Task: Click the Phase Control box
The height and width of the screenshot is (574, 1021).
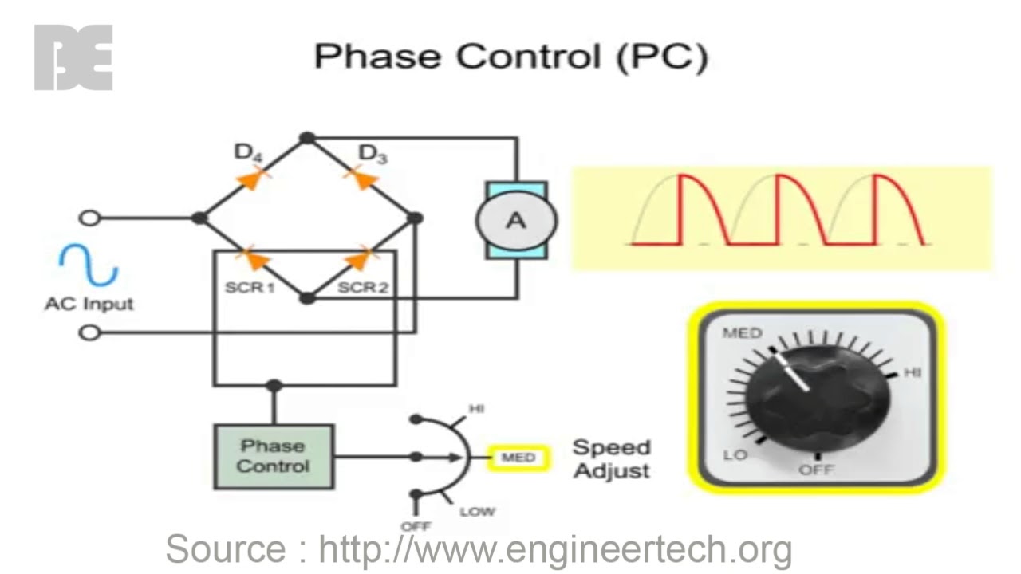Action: point(274,456)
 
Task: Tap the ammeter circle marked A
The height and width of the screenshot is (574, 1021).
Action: point(516,220)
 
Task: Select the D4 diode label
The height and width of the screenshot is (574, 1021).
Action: point(248,152)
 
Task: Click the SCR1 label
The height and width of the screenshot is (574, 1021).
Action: point(249,287)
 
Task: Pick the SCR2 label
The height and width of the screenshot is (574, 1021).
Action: point(362,287)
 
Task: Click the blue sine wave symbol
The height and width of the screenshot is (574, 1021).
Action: point(89,265)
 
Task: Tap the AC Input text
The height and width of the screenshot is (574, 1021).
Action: point(89,304)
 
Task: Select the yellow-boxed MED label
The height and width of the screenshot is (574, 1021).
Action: point(518,458)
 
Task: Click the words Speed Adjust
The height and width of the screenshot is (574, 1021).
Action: point(612,458)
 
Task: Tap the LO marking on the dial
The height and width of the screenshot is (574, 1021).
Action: point(734,455)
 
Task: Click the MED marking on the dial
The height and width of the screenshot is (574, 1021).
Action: point(742,333)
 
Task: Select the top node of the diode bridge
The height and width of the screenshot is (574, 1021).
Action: point(307,138)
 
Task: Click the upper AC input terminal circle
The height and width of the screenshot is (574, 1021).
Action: point(90,218)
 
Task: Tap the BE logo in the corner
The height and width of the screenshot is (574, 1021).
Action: point(73,57)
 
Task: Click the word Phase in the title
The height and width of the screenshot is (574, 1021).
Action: point(378,57)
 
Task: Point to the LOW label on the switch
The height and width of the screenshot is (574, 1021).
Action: point(477,511)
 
